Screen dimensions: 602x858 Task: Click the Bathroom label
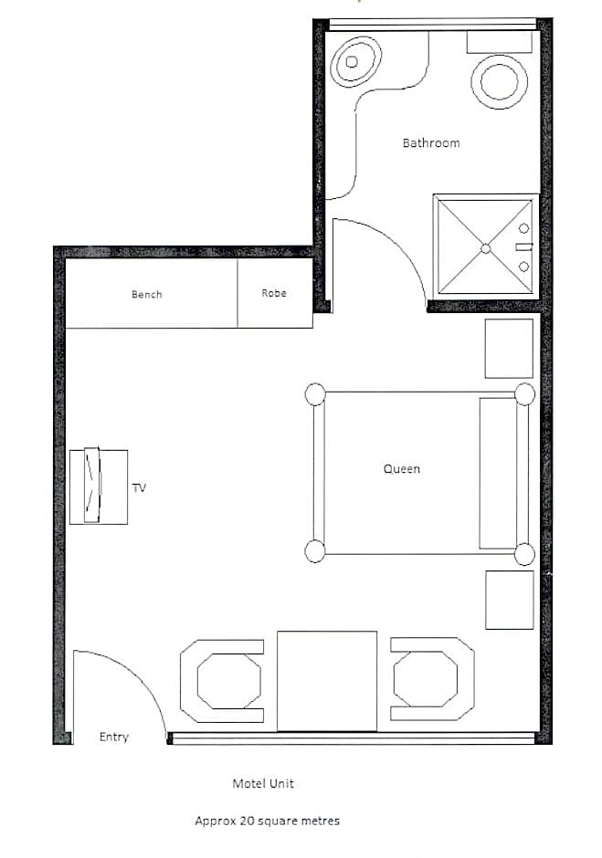click(431, 142)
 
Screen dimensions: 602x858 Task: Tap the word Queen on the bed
click(402, 469)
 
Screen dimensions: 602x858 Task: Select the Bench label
click(147, 295)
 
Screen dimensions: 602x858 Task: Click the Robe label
click(274, 293)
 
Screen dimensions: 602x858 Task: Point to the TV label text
click(139, 487)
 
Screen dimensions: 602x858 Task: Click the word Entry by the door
click(114, 738)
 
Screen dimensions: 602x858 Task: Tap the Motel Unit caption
click(263, 783)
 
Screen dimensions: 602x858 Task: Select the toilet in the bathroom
click(356, 61)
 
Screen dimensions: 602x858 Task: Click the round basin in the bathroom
click(499, 81)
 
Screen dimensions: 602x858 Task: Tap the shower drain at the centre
click(486, 248)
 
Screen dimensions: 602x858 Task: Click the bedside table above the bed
click(509, 349)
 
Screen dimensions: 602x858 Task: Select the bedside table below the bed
click(510, 601)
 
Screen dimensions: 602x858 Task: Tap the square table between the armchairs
click(327, 681)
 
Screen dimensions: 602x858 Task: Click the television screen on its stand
click(92, 485)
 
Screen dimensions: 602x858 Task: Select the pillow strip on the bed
click(498, 474)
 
